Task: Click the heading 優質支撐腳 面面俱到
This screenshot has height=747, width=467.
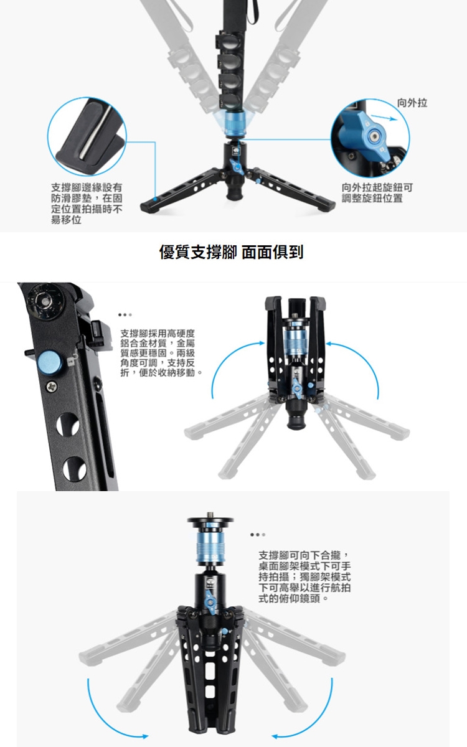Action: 231,252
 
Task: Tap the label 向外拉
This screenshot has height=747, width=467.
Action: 412,103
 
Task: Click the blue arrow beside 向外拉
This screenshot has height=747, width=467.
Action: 384,118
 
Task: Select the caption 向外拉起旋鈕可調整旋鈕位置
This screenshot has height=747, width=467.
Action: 377,193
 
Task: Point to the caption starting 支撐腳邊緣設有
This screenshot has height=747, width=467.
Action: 87,204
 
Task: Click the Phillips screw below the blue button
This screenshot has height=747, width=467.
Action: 51,387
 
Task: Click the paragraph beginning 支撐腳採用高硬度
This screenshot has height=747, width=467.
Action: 161,353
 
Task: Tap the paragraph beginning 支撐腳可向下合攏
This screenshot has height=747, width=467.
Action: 304,576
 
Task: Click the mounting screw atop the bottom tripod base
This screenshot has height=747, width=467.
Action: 210,515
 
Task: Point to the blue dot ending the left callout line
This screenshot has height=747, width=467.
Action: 155,199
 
